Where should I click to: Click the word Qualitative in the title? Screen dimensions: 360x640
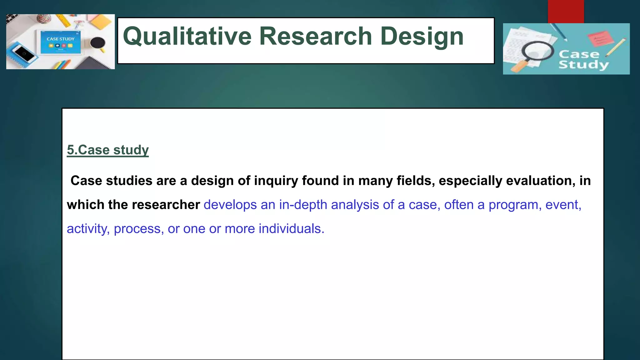pyautogui.click(x=187, y=37)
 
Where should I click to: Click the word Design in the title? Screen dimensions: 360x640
pyautogui.click(x=422, y=37)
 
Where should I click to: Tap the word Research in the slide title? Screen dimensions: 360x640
pyautogui.click(x=316, y=36)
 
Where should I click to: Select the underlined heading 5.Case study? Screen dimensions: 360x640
pyautogui.click(x=107, y=150)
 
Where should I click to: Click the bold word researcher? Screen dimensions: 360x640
pyautogui.click(x=166, y=205)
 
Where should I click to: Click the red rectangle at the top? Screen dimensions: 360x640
pyautogui.click(x=566, y=12)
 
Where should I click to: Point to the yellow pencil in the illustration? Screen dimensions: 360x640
pyautogui.click(x=616, y=47)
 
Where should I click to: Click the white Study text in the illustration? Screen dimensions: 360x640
pyautogui.click(x=583, y=65)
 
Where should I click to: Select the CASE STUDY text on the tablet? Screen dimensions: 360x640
pyautogui.click(x=61, y=39)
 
